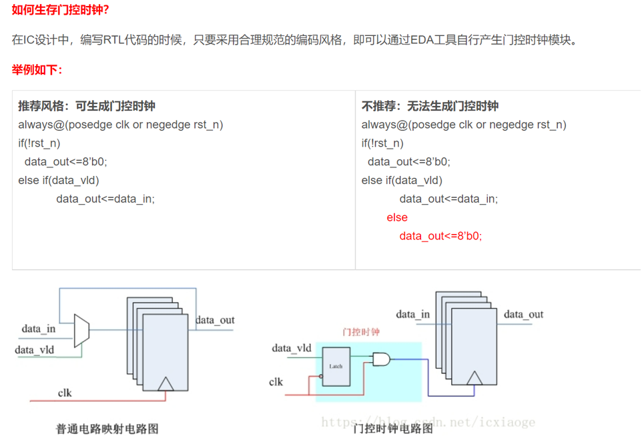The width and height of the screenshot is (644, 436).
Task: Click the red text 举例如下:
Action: [37, 69]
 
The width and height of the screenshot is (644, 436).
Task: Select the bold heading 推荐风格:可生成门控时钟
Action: [87, 106]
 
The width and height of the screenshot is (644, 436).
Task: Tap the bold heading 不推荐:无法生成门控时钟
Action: [430, 106]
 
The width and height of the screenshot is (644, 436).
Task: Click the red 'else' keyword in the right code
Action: [397, 217]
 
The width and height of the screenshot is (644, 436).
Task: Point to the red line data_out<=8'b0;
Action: [440, 236]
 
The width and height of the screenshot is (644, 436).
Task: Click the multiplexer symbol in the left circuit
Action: [81, 331]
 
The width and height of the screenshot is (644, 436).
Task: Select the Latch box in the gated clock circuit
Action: [336, 366]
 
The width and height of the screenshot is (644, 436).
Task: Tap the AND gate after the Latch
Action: [382, 360]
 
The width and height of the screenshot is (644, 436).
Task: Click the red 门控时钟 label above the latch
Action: [360, 331]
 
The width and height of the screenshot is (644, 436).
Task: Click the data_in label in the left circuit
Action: [39, 329]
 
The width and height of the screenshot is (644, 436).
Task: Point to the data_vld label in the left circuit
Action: [35, 349]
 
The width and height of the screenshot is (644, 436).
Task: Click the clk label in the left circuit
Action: [65, 393]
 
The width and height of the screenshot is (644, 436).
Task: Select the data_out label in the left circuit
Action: [215, 320]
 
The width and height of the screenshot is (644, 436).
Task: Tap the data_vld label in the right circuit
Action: [292, 347]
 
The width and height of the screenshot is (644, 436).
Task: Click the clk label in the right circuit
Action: [276, 382]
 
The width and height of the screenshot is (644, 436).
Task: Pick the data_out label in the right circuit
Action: [523, 314]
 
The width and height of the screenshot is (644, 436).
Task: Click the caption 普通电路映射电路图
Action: [107, 429]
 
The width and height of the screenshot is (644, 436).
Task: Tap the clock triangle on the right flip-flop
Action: [474, 378]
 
